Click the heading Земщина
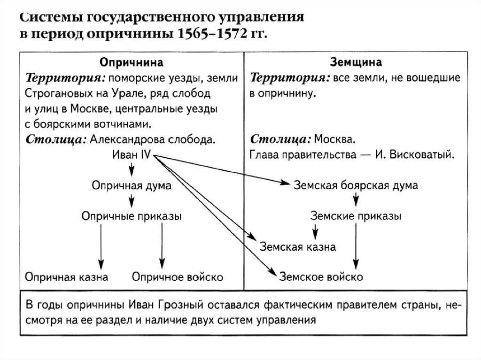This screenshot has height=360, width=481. [x=356, y=62]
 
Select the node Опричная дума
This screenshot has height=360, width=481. [x=131, y=185]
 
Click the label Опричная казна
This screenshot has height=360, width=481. [x=67, y=276]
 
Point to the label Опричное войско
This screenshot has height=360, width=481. [x=178, y=276]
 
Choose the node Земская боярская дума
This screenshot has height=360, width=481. [x=356, y=185]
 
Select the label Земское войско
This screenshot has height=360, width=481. [x=321, y=276]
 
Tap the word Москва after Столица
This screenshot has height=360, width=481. [x=334, y=140]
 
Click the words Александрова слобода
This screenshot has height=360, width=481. [x=152, y=140]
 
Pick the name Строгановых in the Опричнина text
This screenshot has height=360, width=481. [x=55, y=93]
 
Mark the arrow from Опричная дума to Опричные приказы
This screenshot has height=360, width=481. [x=131, y=200]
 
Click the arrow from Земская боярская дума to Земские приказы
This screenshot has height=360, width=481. [x=356, y=200]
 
